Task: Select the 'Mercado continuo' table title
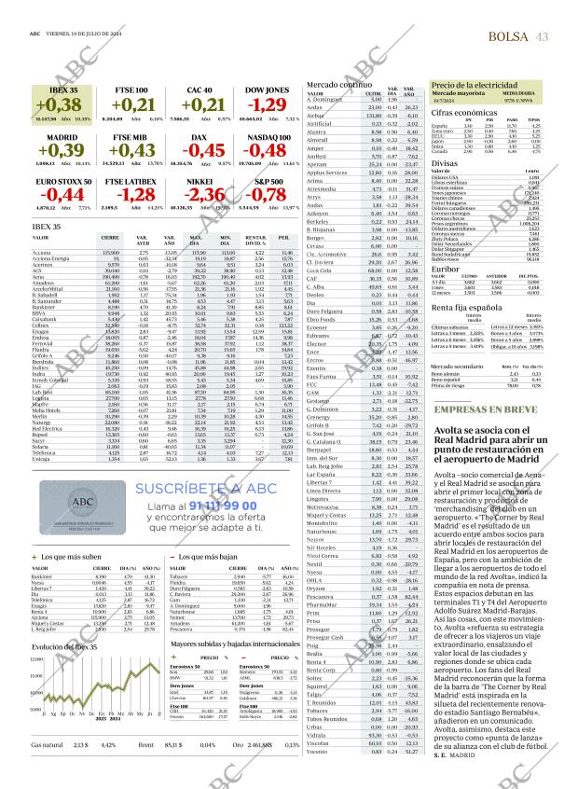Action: [x=341, y=84]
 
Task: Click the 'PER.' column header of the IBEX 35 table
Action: [x=282, y=239]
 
